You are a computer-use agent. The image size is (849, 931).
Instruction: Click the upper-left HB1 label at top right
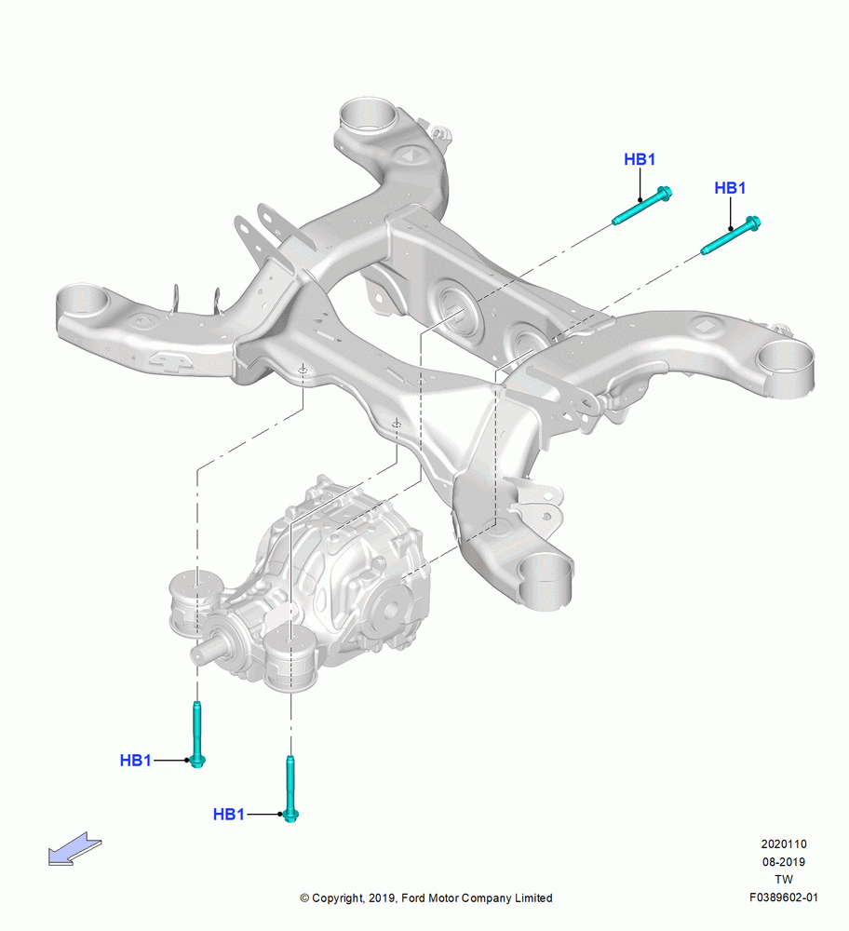640,159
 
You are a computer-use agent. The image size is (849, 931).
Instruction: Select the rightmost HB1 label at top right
730,188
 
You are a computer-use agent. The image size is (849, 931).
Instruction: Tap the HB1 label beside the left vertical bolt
135,760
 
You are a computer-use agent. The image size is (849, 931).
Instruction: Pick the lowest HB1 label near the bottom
229,814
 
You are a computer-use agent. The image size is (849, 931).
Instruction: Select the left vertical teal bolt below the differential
197,734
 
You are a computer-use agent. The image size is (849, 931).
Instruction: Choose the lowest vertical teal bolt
290,789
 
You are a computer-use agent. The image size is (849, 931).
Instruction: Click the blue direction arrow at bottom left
74,848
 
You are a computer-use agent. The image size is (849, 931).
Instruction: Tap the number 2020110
784,843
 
